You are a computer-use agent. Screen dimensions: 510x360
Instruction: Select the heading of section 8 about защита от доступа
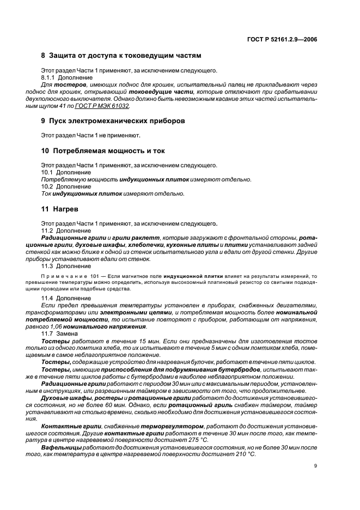121,56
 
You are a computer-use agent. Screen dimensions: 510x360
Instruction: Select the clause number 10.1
48,172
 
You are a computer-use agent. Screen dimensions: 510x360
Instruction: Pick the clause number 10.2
48,186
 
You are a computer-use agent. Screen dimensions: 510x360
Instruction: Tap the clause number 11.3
48,266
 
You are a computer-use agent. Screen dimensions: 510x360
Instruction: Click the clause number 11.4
48,299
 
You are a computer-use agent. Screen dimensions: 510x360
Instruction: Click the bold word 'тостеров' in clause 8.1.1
71,86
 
